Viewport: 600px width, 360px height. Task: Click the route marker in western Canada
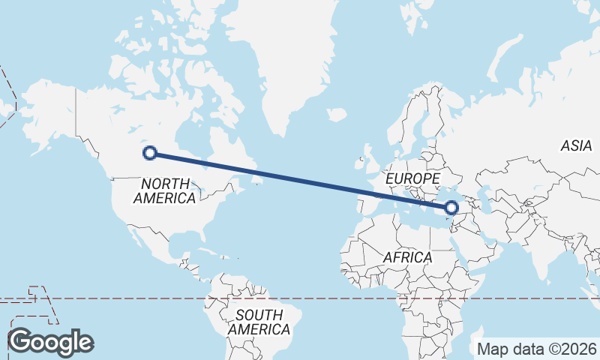[150, 153]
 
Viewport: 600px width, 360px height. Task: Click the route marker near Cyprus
[451, 208]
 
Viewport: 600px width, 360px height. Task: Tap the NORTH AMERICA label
[164, 190]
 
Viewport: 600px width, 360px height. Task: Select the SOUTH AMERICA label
[259, 322]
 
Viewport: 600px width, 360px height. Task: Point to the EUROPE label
[412, 178]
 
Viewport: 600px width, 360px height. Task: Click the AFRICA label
[407, 257]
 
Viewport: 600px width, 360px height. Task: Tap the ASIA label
[576, 145]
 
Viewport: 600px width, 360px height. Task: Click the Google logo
[50, 342]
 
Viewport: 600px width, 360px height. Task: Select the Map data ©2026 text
[537, 349]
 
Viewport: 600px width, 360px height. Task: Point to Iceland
[337, 115]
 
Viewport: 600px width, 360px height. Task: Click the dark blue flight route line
[300, 180]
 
